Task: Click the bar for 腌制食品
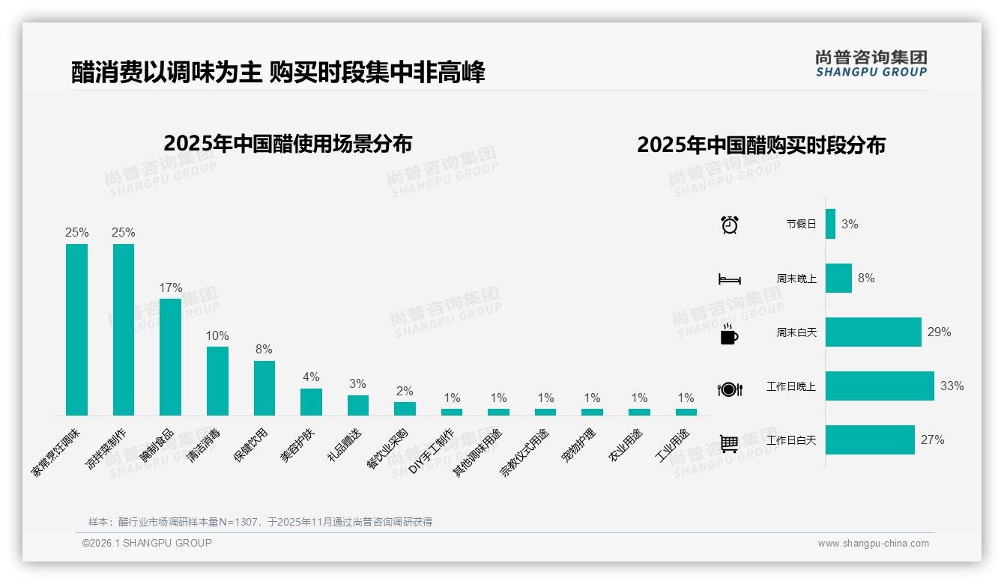170,356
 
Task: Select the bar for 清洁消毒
217,380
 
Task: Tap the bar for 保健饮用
264,388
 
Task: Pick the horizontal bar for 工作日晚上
880,386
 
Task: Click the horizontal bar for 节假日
830,224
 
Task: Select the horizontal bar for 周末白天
873,332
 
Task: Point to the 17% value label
170,288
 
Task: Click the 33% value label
952,386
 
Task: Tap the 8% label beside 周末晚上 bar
866,278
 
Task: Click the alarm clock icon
729,225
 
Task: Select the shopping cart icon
729,443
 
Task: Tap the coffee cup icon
729,335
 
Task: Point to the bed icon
729,279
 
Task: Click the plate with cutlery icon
729,389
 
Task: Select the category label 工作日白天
790,440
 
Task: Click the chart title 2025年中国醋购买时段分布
761,145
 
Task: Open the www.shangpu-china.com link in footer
873,544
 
